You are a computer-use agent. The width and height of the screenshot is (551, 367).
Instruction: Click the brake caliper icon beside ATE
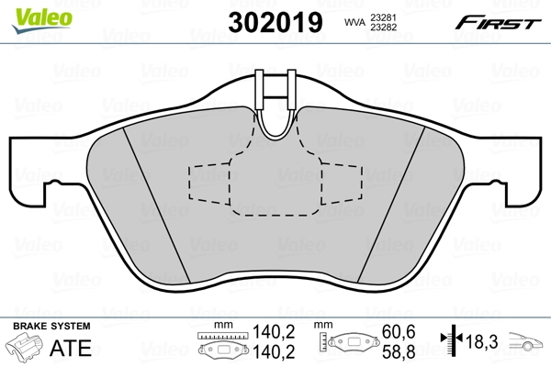tap(28, 349)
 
